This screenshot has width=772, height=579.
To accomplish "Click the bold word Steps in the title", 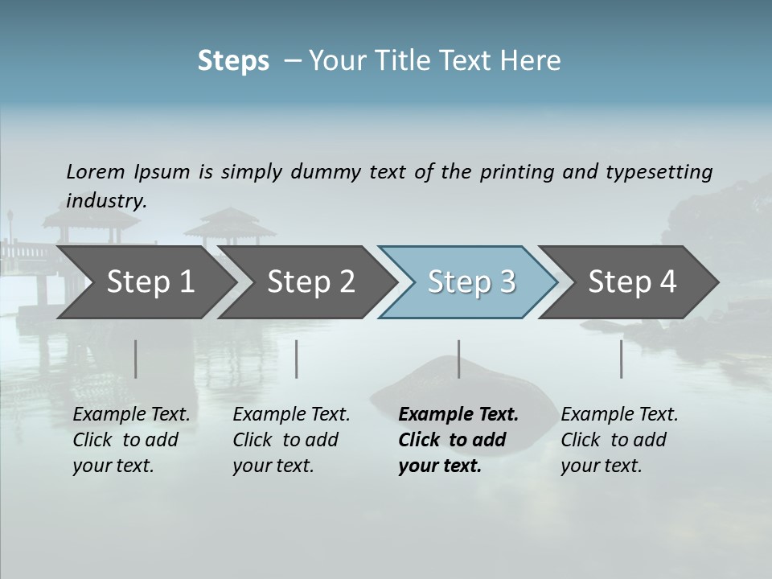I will click(233, 61).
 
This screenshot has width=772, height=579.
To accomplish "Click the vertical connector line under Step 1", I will click(136, 359).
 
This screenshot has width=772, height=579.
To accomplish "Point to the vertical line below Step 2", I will click(297, 359).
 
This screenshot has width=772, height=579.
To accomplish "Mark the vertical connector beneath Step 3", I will click(458, 359).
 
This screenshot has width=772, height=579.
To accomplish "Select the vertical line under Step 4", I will click(621, 359).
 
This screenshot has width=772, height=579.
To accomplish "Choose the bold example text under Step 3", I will click(458, 440).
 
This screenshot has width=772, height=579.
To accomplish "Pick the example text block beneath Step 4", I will click(619, 440).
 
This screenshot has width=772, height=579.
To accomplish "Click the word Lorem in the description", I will click(96, 171).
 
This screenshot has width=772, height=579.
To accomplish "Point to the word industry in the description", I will click(106, 201).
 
